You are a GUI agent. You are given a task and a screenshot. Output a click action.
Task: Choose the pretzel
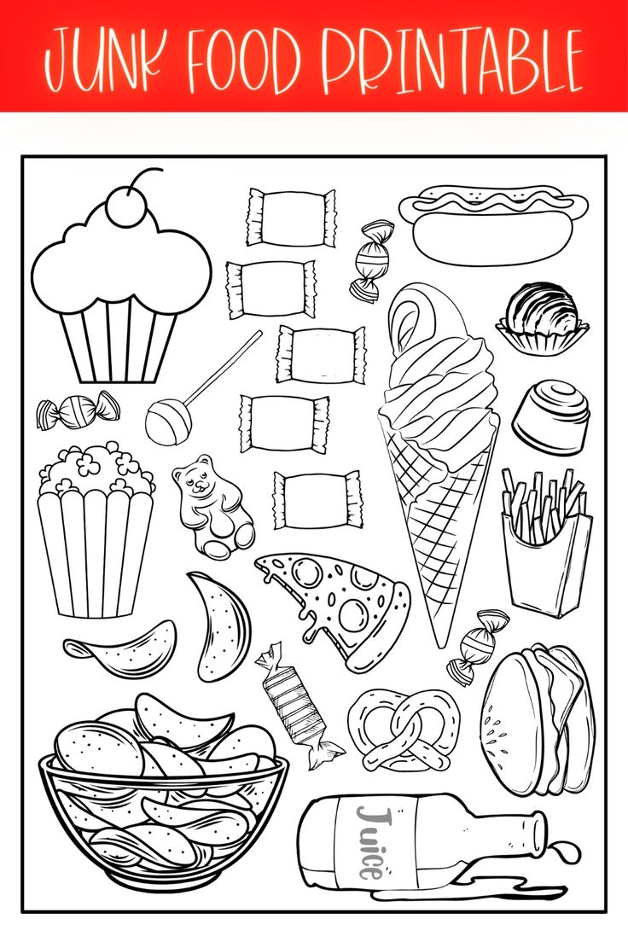point(403,730)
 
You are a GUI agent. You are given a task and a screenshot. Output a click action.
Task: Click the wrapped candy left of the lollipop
point(78,410)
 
